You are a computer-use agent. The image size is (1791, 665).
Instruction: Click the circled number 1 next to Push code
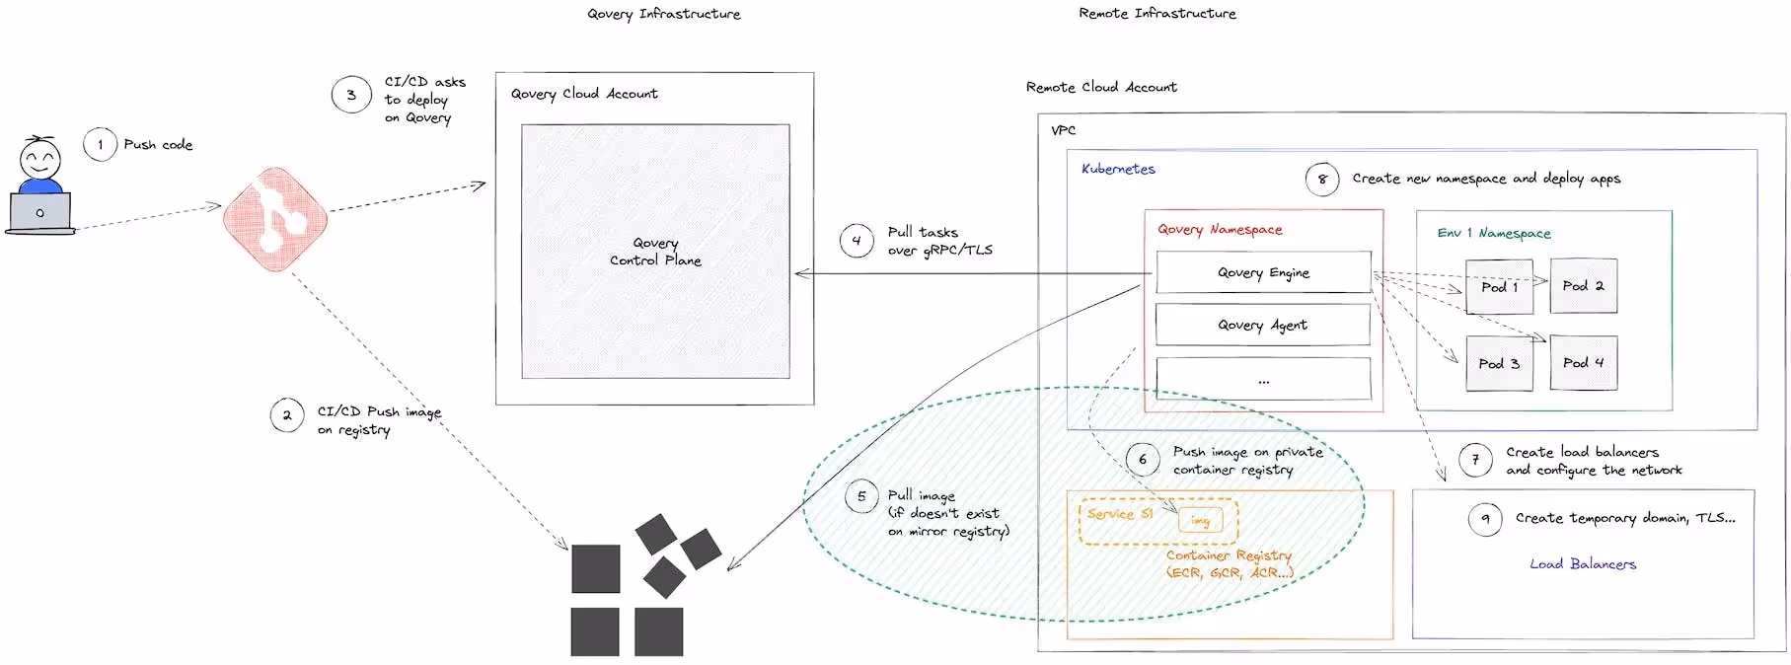[x=100, y=145]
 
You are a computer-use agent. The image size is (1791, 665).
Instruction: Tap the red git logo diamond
[x=275, y=219]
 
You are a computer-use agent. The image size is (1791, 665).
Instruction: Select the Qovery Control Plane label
[x=655, y=252]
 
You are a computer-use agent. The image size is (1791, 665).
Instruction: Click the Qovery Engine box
[x=1263, y=272]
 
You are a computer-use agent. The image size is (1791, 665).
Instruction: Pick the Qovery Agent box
[x=1262, y=325]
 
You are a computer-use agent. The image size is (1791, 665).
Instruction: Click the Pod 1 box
[x=1499, y=286]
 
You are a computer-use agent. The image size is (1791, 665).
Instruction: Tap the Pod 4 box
[x=1583, y=363]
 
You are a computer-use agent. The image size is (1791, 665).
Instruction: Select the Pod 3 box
[x=1499, y=363]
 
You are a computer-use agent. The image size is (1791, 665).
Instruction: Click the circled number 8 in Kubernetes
[x=1322, y=179]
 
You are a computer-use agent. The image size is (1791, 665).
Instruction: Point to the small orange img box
[x=1200, y=520]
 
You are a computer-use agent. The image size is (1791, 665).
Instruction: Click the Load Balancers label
[x=1583, y=564]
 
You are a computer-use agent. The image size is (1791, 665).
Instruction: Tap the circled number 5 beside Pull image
[x=861, y=496]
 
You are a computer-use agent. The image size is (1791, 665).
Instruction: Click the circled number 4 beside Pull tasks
[x=856, y=240]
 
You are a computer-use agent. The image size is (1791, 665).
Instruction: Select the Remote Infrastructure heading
[x=1157, y=13]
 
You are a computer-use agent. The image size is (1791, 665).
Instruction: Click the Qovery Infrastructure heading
[x=663, y=14]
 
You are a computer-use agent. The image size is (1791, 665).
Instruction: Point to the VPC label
[x=1063, y=130]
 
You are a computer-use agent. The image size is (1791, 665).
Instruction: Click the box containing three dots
[x=1263, y=379]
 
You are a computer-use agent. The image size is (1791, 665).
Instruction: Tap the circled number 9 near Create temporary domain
[x=1484, y=518]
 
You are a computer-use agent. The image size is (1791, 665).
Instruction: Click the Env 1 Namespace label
[x=1494, y=233]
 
